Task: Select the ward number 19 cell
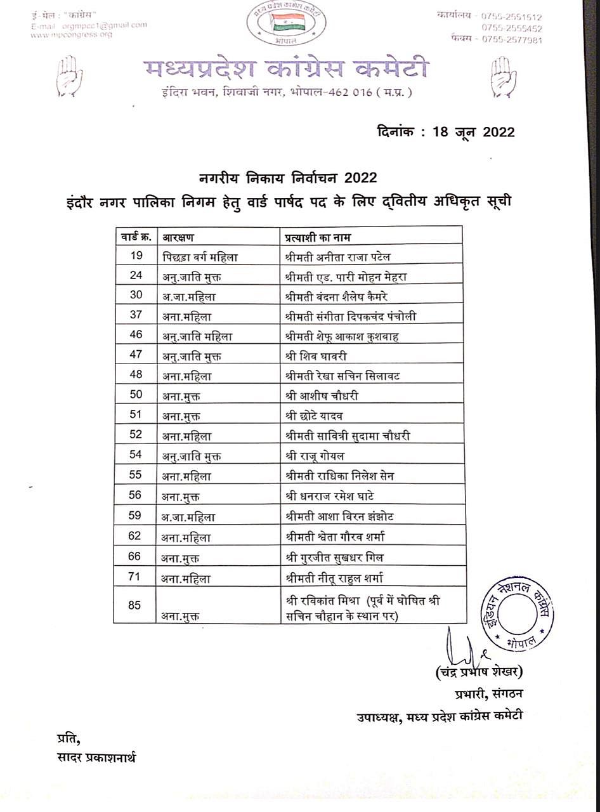[x=135, y=257]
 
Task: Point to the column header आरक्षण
[x=179, y=237]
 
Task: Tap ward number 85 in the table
[x=134, y=605]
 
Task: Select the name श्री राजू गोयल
[x=315, y=455]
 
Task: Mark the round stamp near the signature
[x=518, y=613]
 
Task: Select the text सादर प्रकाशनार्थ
[x=96, y=758]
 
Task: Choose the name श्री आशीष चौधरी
[x=322, y=396]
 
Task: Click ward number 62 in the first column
[x=134, y=537]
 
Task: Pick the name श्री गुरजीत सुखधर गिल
[x=334, y=558]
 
